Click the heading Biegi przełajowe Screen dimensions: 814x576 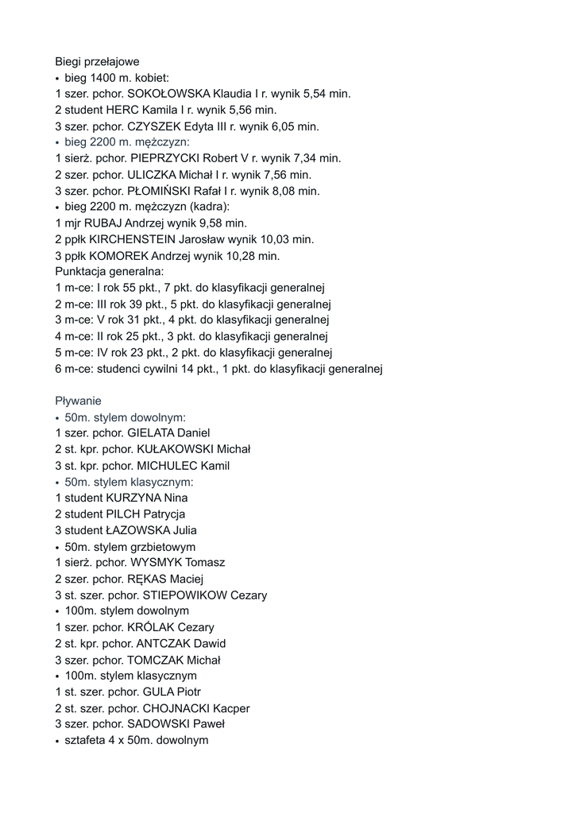point(97,61)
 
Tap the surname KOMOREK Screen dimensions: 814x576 point(119,256)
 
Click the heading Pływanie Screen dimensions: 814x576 point(78,401)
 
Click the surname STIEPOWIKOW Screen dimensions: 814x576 point(184,595)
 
